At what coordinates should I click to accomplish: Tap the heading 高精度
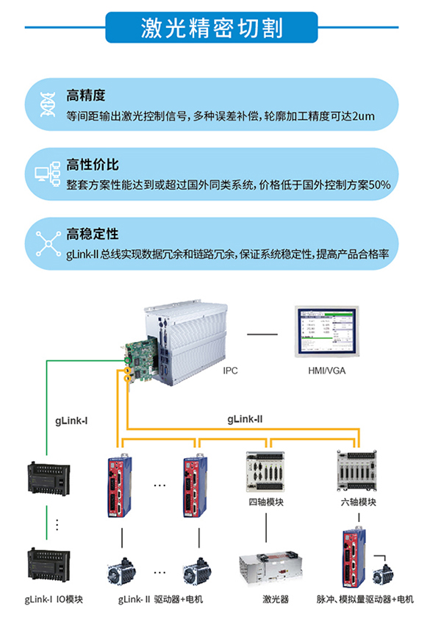click(x=86, y=96)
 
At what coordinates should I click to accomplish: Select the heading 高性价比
click(x=92, y=165)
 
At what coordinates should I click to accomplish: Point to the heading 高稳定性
click(x=92, y=235)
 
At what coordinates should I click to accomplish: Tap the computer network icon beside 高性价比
click(x=48, y=174)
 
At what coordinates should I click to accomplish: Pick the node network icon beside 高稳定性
click(x=48, y=243)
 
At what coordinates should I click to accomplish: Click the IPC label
click(x=232, y=371)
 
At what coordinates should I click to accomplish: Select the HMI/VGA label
click(x=326, y=371)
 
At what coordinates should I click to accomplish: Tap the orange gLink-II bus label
click(x=245, y=419)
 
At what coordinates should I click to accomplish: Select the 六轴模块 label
click(x=358, y=503)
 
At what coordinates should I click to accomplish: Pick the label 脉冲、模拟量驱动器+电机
click(x=365, y=599)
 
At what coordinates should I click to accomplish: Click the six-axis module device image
click(x=357, y=470)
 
